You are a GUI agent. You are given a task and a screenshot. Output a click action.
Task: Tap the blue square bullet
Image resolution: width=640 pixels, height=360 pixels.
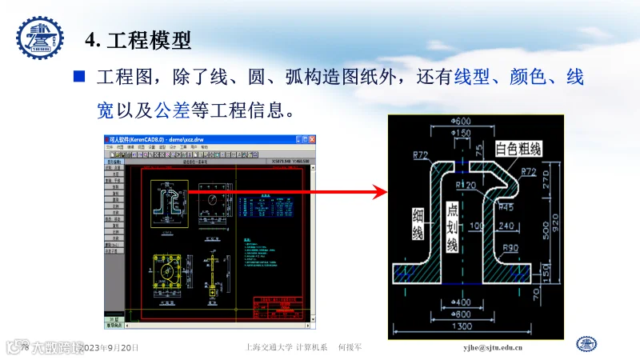(x=79, y=78)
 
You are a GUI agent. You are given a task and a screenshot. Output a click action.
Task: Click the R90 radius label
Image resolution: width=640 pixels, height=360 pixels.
(x=513, y=247)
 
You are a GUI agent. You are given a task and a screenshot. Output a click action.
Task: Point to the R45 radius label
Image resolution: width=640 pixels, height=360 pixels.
(x=506, y=206)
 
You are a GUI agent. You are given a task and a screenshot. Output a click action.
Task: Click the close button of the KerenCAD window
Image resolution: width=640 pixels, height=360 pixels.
(x=309, y=138)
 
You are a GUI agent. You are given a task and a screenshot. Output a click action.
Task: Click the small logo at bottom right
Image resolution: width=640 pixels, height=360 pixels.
(x=588, y=345)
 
